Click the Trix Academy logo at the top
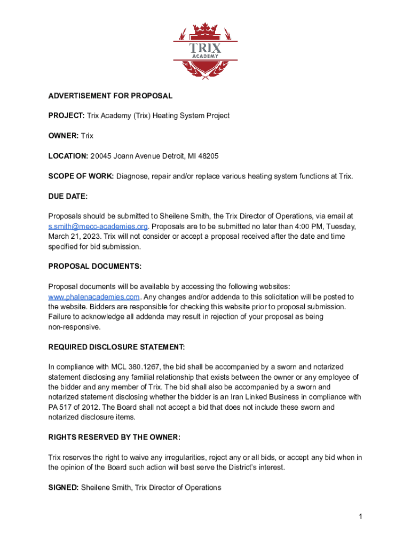(x=205, y=51)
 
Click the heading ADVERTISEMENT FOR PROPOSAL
(x=110, y=96)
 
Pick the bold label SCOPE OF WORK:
(x=81, y=176)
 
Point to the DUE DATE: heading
(x=68, y=197)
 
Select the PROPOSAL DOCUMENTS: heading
(x=95, y=267)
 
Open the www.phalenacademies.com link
(x=94, y=297)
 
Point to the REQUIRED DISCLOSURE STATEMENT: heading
(x=117, y=347)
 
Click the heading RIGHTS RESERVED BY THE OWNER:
(x=114, y=437)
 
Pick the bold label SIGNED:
(x=64, y=488)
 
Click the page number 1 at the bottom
(x=361, y=517)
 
